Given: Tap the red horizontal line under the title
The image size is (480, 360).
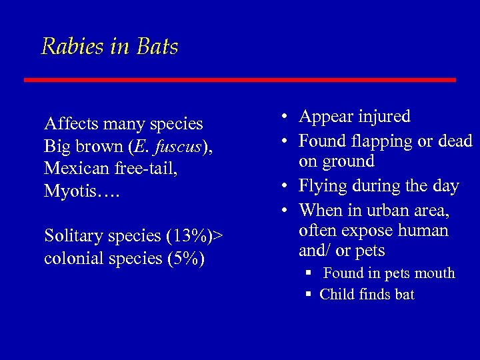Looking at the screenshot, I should [x=240, y=80].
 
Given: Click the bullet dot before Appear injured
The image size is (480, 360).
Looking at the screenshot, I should [x=284, y=117].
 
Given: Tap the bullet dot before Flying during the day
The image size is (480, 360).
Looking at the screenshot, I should [x=284, y=187].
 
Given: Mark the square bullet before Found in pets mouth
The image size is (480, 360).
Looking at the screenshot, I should [x=309, y=273].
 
